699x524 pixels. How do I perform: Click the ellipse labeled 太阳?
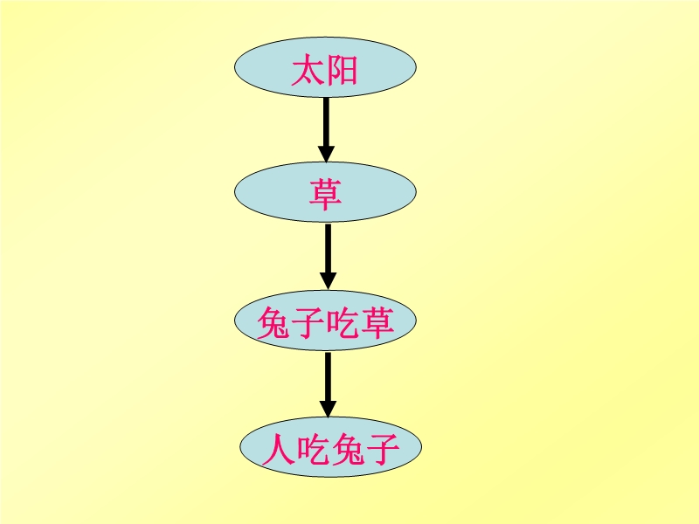coord(325,67)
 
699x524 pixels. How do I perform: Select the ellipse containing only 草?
coord(325,192)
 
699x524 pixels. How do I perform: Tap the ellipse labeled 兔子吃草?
coord(325,321)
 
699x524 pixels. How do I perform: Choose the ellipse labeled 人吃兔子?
coord(331,447)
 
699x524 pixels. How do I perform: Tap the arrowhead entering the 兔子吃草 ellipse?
coord(329,281)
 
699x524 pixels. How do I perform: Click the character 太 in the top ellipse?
coord(308,70)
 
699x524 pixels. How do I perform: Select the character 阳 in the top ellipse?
coord(342,70)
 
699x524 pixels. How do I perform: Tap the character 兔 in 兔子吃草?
coord(273,322)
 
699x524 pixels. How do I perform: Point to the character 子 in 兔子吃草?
coord(308,322)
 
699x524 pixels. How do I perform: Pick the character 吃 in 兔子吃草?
coord(343,322)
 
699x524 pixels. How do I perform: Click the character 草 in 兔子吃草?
coord(377,322)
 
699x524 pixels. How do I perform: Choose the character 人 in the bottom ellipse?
coord(279,449)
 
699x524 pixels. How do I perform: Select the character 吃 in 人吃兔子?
coord(313,449)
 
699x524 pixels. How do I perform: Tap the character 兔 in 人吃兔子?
coord(348,449)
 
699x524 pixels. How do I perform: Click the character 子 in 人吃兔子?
coord(382,449)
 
